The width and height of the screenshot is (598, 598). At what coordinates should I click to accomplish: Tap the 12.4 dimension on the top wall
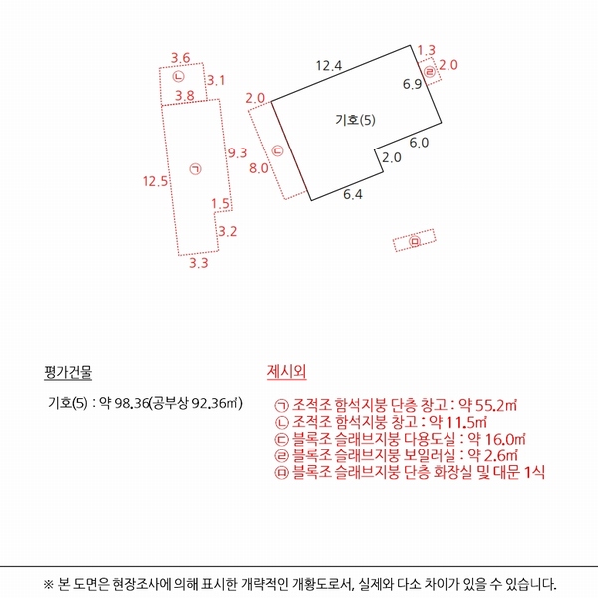pyautogui.click(x=329, y=66)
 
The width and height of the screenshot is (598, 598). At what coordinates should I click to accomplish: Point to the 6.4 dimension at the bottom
pyautogui.click(x=353, y=194)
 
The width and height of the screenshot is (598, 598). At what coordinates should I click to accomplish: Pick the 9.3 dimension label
pyautogui.click(x=237, y=152)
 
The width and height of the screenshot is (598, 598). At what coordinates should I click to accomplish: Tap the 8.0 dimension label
pyautogui.click(x=258, y=168)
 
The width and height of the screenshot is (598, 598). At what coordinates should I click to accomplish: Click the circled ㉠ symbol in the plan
pyautogui.click(x=195, y=170)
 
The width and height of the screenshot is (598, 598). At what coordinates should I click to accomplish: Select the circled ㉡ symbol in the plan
pyautogui.click(x=178, y=76)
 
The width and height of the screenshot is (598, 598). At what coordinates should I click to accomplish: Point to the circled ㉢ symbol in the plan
pyautogui.click(x=278, y=151)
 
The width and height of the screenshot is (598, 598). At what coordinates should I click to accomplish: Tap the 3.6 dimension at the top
pyautogui.click(x=181, y=57)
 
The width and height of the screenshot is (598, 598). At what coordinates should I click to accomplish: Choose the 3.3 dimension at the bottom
pyautogui.click(x=199, y=264)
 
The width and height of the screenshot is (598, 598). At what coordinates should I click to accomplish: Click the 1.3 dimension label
pyautogui.click(x=427, y=50)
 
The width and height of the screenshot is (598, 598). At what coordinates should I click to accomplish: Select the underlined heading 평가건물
pyautogui.click(x=68, y=374)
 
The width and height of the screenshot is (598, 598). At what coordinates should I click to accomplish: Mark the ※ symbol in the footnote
pyautogui.click(x=49, y=584)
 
